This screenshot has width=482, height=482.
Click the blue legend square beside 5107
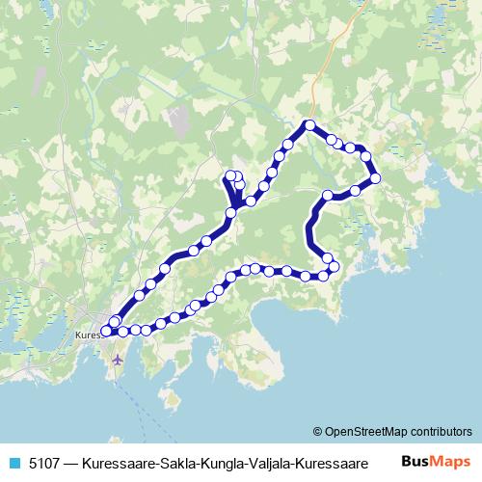point(13,462)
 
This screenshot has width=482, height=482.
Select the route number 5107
point(44,462)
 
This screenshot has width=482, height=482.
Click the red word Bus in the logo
point(415,462)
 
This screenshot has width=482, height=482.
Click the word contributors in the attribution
point(441,432)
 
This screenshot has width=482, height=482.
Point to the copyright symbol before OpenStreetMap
point(318,432)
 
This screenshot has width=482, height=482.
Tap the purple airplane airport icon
point(118,360)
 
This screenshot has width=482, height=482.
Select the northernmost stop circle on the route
point(309,124)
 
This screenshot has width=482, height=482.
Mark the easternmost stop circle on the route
point(375,177)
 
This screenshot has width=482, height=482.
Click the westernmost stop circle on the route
point(106,331)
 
